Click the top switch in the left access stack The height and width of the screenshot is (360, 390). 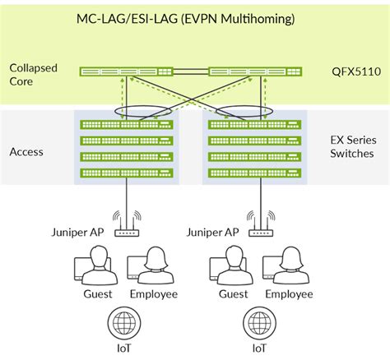(x=127, y=125)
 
